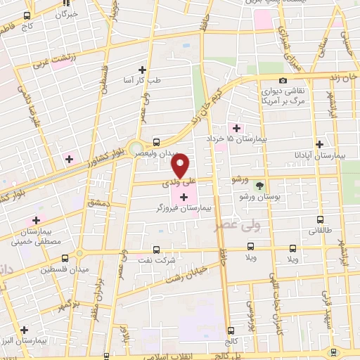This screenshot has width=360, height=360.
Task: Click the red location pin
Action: tap(181, 165)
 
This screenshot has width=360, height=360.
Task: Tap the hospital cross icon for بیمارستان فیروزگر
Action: tap(184, 196)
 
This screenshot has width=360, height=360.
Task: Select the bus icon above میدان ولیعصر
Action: tap(156, 141)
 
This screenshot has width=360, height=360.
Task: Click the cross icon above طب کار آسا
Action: tap(142, 69)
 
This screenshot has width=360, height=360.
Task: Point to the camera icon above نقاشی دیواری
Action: tap(283, 81)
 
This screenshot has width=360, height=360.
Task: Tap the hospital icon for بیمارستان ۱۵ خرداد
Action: tap(236, 128)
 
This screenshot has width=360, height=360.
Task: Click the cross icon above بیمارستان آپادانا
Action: tap(319, 143)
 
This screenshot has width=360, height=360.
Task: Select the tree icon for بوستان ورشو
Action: tap(261, 186)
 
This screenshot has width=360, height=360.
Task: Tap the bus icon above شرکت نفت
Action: tap(156, 249)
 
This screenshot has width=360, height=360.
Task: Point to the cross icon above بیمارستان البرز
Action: tap(24, 329)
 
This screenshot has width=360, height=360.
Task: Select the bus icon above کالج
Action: tap(231, 330)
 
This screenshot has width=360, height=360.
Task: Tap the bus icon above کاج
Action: tap(27, 15)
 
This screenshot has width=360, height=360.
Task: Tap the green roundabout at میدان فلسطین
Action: tap(80, 253)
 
